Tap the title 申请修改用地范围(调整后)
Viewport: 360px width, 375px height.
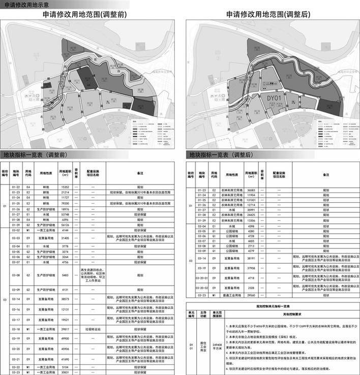coord(270,16)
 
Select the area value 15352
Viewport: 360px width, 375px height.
coord(65,188)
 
